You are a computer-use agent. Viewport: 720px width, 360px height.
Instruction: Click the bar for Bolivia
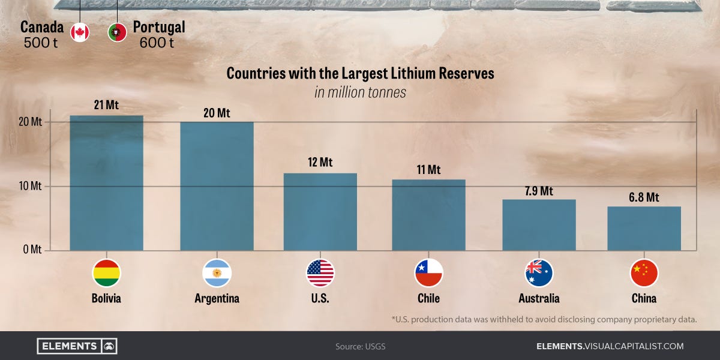point(106,183)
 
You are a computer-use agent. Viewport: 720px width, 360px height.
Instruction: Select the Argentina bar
point(217,186)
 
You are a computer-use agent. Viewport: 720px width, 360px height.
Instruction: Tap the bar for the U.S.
point(320,212)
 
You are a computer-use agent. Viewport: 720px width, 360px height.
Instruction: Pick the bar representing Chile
point(428,215)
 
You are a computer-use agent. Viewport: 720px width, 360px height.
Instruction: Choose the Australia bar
point(539,225)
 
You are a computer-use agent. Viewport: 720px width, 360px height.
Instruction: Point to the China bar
point(644,229)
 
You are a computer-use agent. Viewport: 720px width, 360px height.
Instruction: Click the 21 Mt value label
point(106,105)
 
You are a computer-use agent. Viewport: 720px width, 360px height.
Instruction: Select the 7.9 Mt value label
point(538,191)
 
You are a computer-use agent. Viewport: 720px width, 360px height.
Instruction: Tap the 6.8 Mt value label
point(644,197)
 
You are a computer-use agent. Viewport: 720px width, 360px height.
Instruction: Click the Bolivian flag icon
point(106,274)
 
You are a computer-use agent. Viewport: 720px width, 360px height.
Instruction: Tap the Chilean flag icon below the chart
point(428,274)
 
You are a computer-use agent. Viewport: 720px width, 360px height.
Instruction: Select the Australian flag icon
point(539,274)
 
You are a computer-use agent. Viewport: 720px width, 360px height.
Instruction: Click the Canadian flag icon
point(80,32)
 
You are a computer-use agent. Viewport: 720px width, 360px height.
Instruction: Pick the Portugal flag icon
point(117,32)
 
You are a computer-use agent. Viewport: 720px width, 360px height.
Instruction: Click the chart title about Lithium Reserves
point(360,74)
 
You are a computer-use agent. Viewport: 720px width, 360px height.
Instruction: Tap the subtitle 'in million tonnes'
point(360,92)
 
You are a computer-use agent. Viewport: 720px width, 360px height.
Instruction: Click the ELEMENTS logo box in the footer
point(77,346)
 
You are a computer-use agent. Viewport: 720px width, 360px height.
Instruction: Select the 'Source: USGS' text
point(360,347)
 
